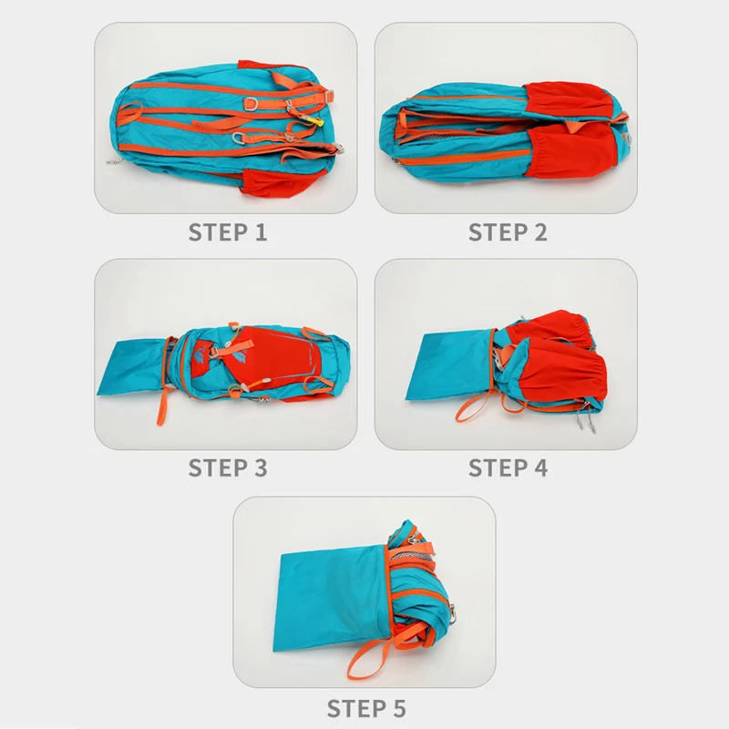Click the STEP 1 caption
(x=228, y=232)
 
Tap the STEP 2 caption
(x=508, y=232)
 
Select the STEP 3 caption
(x=228, y=468)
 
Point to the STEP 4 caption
(x=508, y=468)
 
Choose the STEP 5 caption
(x=366, y=707)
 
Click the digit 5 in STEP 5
(x=398, y=707)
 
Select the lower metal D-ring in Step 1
(x=240, y=139)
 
